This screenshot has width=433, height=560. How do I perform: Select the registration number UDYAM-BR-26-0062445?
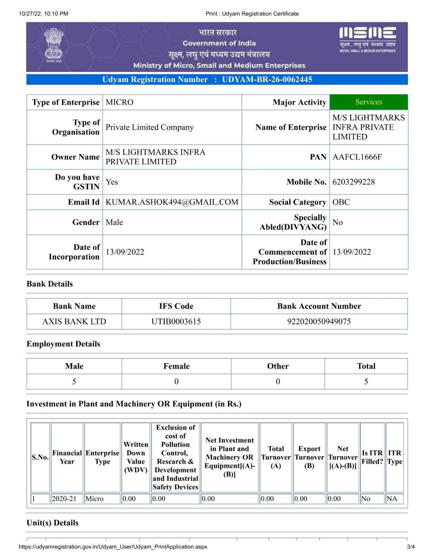[267, 79]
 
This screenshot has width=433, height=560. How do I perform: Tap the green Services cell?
[368, 102]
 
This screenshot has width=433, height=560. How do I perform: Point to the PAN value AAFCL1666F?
[357, 157]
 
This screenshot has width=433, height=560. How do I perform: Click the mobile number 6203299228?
[353, 182]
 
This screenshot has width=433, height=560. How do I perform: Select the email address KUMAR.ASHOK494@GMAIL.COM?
[172, 202]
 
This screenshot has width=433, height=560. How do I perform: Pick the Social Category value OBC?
[341, 202]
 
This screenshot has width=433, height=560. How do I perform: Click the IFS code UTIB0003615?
[176, 322]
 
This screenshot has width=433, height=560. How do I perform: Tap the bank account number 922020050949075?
[319, 322]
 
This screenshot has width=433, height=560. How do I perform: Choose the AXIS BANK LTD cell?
[74, 322]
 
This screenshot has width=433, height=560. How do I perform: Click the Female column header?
[176, 366]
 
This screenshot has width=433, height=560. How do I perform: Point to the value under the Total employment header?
[366, 381]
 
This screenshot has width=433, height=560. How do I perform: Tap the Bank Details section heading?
[50, 284]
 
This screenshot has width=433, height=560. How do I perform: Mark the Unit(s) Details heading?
[53, 523]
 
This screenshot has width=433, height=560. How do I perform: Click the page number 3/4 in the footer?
[411, 547]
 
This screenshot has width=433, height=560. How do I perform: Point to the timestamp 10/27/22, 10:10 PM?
[43, 13]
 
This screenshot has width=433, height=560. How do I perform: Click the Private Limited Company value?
[150, 127]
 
